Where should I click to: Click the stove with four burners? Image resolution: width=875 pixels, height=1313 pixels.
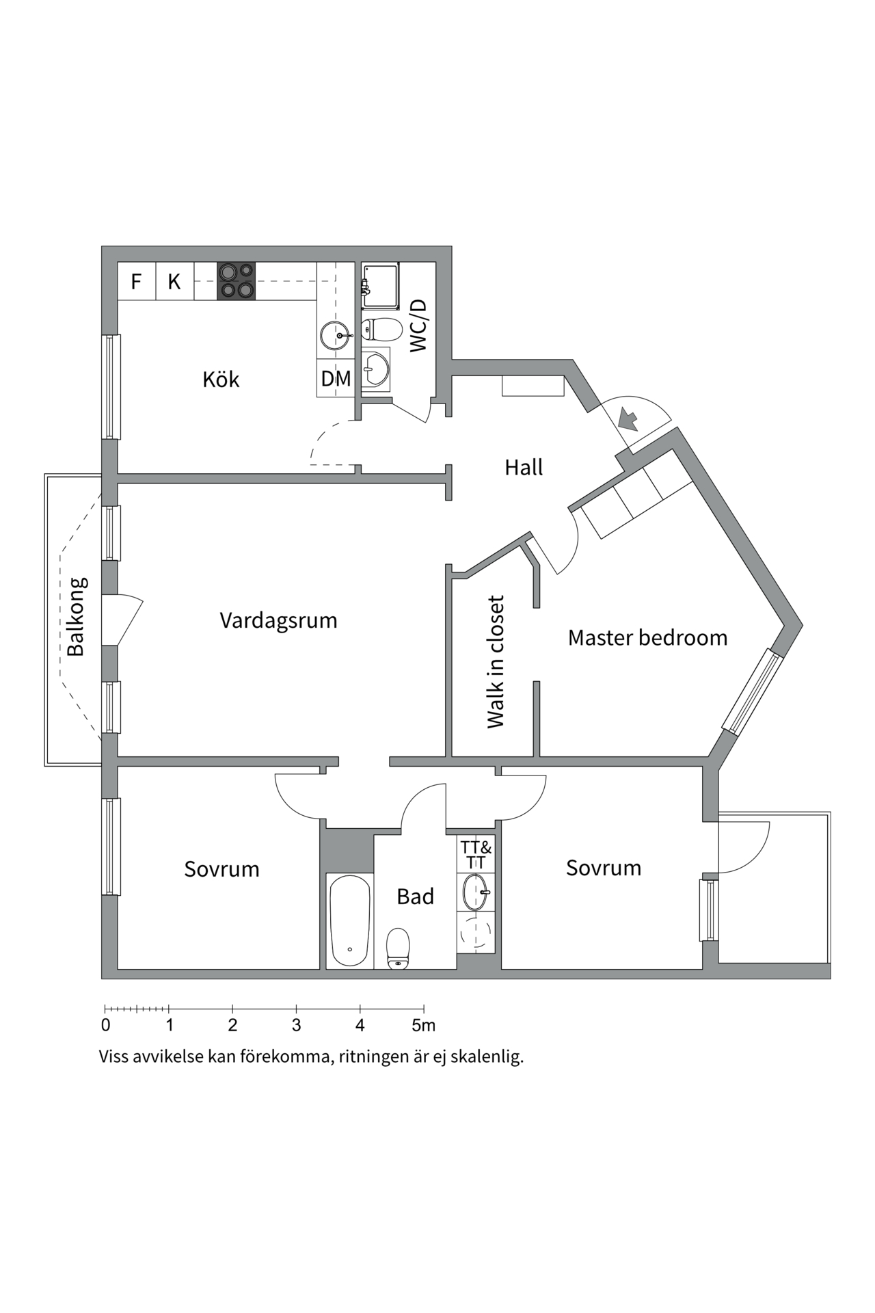pos(236,281)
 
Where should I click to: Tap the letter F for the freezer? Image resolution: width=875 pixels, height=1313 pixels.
pos(136,282)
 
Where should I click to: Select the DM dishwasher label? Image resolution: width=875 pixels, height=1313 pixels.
pos(336,378)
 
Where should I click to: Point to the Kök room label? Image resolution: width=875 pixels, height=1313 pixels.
pos(221,380)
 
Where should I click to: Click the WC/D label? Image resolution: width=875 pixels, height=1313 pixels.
pos(418,326)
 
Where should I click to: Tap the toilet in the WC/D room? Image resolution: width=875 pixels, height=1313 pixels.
pos(381,330)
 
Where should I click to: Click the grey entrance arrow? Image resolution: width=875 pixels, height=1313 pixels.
pos(628,418)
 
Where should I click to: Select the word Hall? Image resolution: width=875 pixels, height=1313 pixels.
pos(524,468)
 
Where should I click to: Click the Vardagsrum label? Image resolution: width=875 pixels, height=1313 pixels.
pos(278,621)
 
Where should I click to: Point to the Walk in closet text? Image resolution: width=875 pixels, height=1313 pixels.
pos(496,662)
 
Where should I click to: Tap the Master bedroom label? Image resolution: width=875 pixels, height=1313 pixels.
pos(647,638)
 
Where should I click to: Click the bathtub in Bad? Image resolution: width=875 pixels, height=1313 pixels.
pos(350,920)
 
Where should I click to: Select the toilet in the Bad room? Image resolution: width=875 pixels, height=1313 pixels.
pos(398,948)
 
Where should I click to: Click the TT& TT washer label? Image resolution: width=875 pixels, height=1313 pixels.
pos(476,856)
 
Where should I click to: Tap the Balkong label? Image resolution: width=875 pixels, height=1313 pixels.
pos(77,617)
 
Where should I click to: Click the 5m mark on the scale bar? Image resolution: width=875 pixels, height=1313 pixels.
pos(423,1026)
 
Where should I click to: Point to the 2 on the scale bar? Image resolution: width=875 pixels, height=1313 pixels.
pos(233,1026)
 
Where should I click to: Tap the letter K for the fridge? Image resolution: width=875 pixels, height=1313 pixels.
pos(174,282)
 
